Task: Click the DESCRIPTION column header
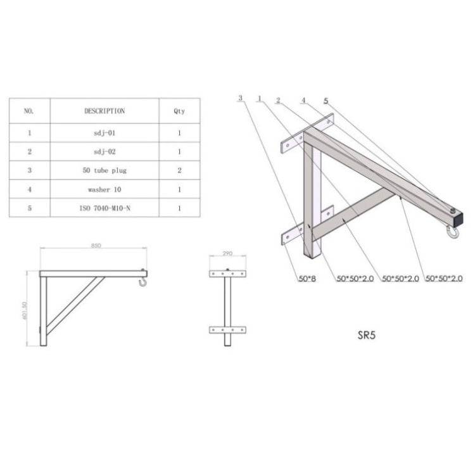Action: (104, 110)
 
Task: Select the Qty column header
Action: (179, 110)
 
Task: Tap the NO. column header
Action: (28, 110)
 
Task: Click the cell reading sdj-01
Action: (104, 134)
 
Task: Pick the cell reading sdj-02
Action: (104, 152)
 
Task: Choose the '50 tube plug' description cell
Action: (104, 170)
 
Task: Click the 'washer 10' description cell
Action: (104, 189)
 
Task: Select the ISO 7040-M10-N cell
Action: (104, 207)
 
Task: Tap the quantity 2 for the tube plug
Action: (179, 170)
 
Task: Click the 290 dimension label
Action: (228, 253)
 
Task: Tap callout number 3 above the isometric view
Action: (241, 99)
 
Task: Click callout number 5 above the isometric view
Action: (326, 100)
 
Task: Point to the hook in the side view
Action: (144, 279)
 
